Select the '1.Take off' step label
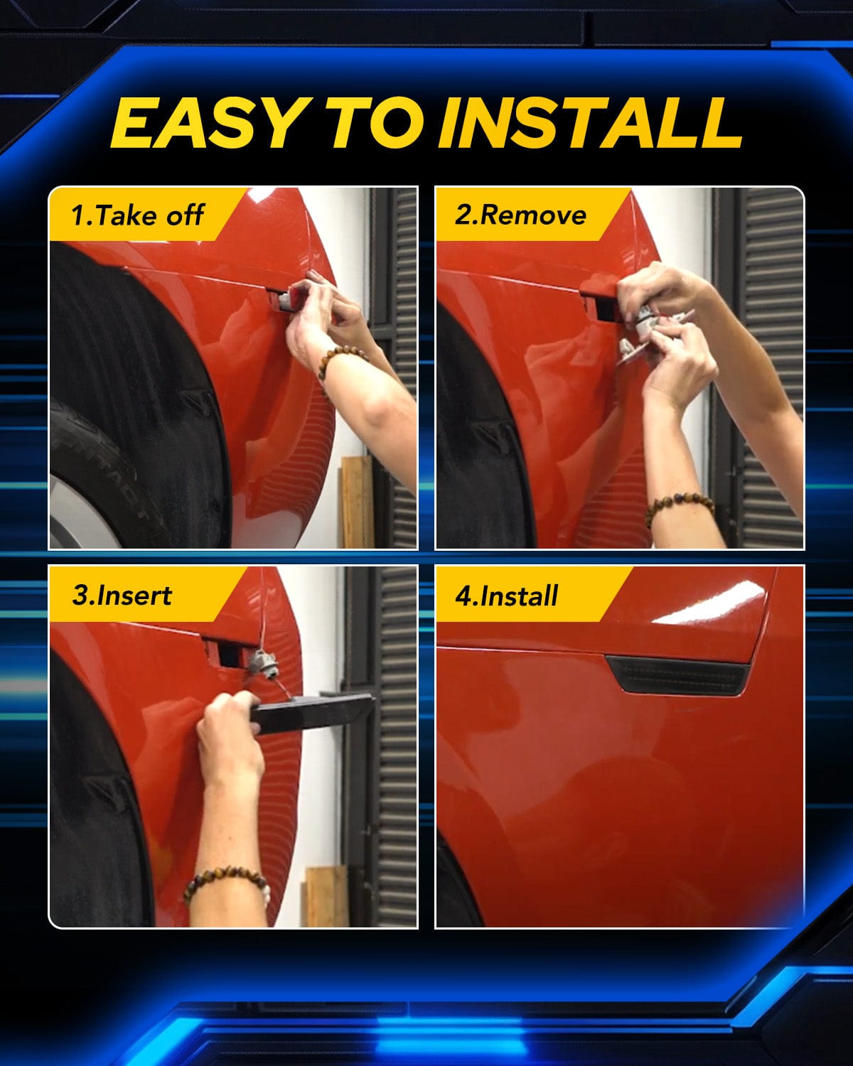click(x=136, y=215)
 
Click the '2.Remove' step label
click(x=520, y=215)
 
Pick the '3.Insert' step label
click(x=122, y=596)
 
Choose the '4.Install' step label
click(x=507, y=596)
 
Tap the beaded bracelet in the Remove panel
click(x=679, y=506)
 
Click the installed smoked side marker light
click(x=677, y=674)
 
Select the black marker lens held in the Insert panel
click(x=311, y=713)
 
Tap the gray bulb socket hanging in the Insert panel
click(x=263, y=662)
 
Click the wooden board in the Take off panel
click(x=356, y=501)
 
